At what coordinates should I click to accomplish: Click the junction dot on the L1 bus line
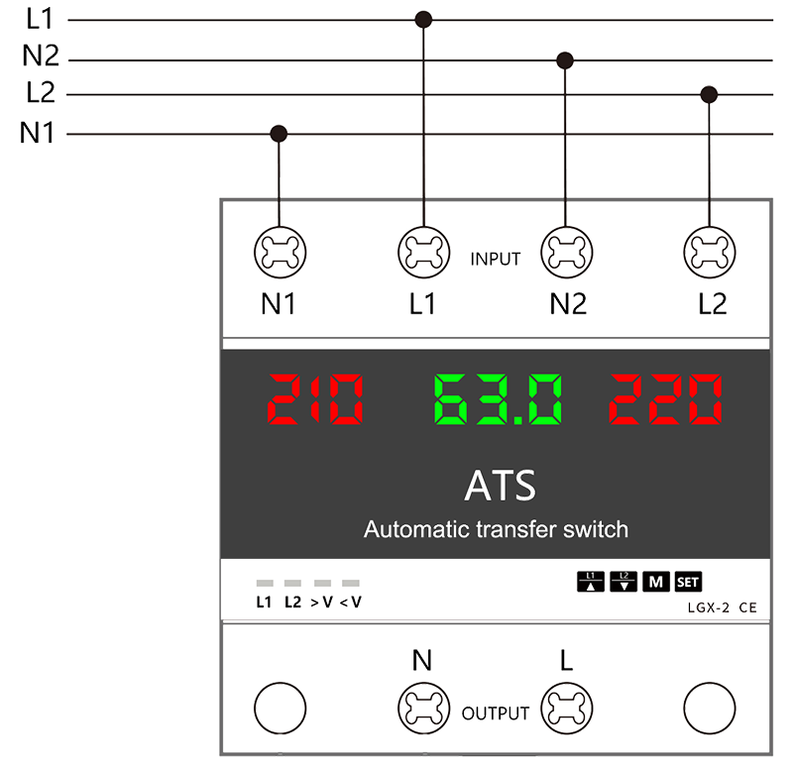(x=423, y=20)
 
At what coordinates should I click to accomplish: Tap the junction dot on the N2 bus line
(x=565, y=60)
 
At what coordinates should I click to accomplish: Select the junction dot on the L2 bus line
(x=709, y=94)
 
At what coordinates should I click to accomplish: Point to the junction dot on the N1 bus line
(x=279, y=134)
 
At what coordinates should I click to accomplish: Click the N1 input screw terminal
(x=281, y=253)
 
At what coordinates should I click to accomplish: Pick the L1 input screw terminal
(x=424, y=253)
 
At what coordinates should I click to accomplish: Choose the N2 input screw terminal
(x=566, y=253)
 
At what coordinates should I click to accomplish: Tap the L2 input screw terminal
(x=710, y=253)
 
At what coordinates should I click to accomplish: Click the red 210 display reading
(x=315, y=399)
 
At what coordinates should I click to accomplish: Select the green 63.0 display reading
(x=498, y=399)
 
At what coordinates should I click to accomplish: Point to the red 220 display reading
(x=665, y=399)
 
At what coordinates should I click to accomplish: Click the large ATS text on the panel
(x=500, y=486)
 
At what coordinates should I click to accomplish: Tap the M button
(x=656, y=582)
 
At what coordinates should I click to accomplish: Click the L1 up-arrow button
(x=590, y=582)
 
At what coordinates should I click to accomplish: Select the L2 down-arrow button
(x=623, y=582)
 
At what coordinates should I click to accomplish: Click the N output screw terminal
(x=424, y=709)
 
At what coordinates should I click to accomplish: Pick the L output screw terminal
(x=566, y=709)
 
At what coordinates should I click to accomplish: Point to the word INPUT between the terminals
(x=495, y=260)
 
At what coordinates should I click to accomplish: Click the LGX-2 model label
(x=708, y=607)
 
